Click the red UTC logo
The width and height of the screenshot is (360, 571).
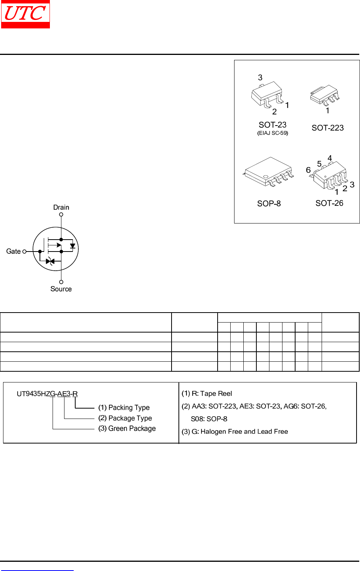(25, 14)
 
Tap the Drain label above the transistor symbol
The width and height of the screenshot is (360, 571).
(61, 207)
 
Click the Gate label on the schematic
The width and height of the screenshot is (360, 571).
(13, 252)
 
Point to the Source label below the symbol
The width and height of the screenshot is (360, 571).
(61, 289)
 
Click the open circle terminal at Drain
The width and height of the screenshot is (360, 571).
(61, 215)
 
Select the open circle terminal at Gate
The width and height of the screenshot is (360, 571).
(25, 252)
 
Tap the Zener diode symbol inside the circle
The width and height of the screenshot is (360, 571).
(50, 262)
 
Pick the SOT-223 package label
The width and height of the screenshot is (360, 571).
(327, 128)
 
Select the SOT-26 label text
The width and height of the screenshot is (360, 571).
(329, 203)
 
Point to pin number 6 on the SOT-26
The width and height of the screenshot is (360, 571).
(308, 170)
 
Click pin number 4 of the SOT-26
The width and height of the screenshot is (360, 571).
(330, 158)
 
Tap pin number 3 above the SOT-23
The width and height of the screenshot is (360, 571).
(260, 78)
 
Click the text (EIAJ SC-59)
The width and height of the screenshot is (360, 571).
(272, 133)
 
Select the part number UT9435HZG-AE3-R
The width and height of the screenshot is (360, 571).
(47, 394)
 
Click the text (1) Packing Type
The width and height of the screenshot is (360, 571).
(124, 407)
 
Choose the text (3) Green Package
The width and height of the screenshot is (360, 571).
(127, 429)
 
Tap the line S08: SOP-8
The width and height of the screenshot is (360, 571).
(209, 419)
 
